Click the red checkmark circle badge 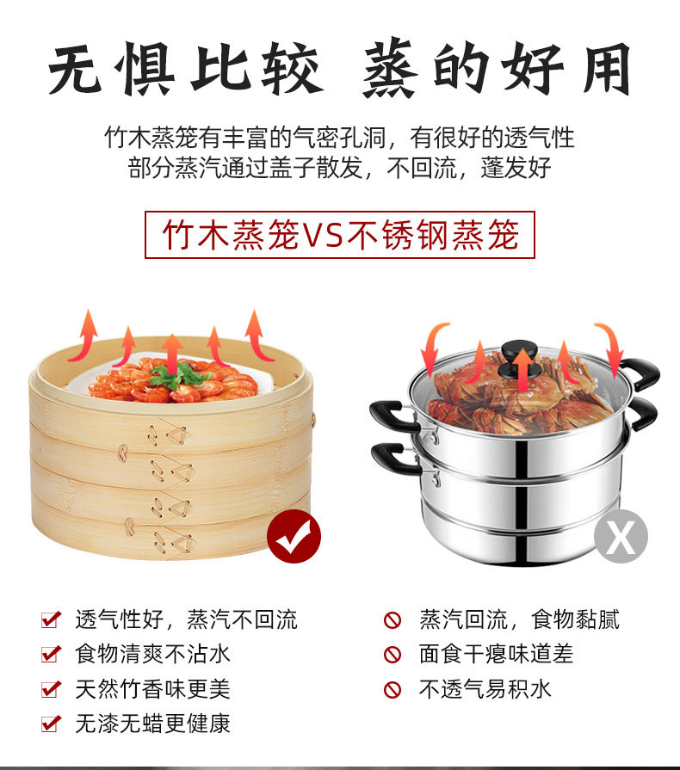[294, 536]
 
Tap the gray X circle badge [621, 536]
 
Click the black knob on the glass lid [520, 358]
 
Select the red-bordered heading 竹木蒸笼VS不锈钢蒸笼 [339, 235]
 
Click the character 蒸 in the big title [392, 69]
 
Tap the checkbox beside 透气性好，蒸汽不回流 [51, 619]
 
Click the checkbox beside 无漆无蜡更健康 [51, 724]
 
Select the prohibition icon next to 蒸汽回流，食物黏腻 [393, 619]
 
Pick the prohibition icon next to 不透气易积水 [393, 689]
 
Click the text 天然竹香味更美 [152, 689]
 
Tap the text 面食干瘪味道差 [496, 654]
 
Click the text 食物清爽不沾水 [152, 654]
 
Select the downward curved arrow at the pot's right [612, 344]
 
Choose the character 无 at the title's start [75, 69]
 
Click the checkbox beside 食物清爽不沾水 [51, 654]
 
